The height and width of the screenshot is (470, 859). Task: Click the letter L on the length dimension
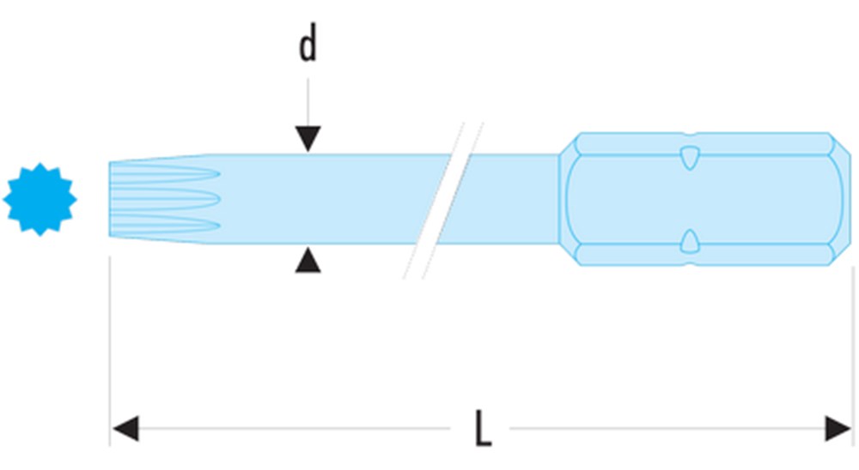483,429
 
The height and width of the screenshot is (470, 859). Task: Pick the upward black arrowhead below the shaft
308,261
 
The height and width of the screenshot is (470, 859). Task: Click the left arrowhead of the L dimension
125,428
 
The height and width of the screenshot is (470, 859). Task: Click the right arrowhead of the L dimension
838,428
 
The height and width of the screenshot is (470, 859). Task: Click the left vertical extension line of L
111,343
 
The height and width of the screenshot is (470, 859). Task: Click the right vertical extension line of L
853,343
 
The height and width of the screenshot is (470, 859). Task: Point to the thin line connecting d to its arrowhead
308,99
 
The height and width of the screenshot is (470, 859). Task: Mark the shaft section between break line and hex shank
507,199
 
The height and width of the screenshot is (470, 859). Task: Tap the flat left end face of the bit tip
112,199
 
